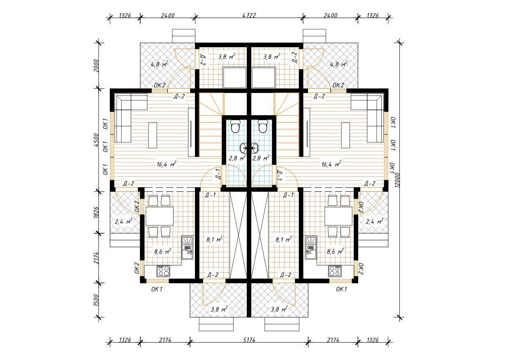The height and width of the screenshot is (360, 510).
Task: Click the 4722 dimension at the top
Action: click(249, 15)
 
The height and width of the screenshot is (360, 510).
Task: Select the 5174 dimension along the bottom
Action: click(249, 340)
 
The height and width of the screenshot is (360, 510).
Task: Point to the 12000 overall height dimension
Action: click(397, 180)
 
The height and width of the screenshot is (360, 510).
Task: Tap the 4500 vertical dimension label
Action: click(96, 140)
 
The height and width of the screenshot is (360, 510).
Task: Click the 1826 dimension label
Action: click(96, 212)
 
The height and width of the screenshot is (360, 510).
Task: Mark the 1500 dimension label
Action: click(96, 300)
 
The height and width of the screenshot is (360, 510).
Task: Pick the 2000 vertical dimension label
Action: click(96, 65)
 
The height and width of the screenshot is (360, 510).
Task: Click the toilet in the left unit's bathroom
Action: click(235, 126)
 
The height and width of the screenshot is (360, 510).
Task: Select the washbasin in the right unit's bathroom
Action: click(255, 148)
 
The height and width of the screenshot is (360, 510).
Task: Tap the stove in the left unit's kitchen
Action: click(163, 271)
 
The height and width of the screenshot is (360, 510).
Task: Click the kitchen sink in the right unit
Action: click(311, 247)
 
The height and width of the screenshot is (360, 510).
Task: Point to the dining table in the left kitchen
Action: click(160, 216)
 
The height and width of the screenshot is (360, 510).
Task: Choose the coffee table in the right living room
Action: click(345, 135)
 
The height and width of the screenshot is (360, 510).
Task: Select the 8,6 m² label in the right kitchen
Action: click(335, 251)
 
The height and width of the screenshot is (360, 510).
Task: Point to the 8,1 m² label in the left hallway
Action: click(214, 239)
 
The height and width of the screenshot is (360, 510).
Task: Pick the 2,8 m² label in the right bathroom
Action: click(261, 158)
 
